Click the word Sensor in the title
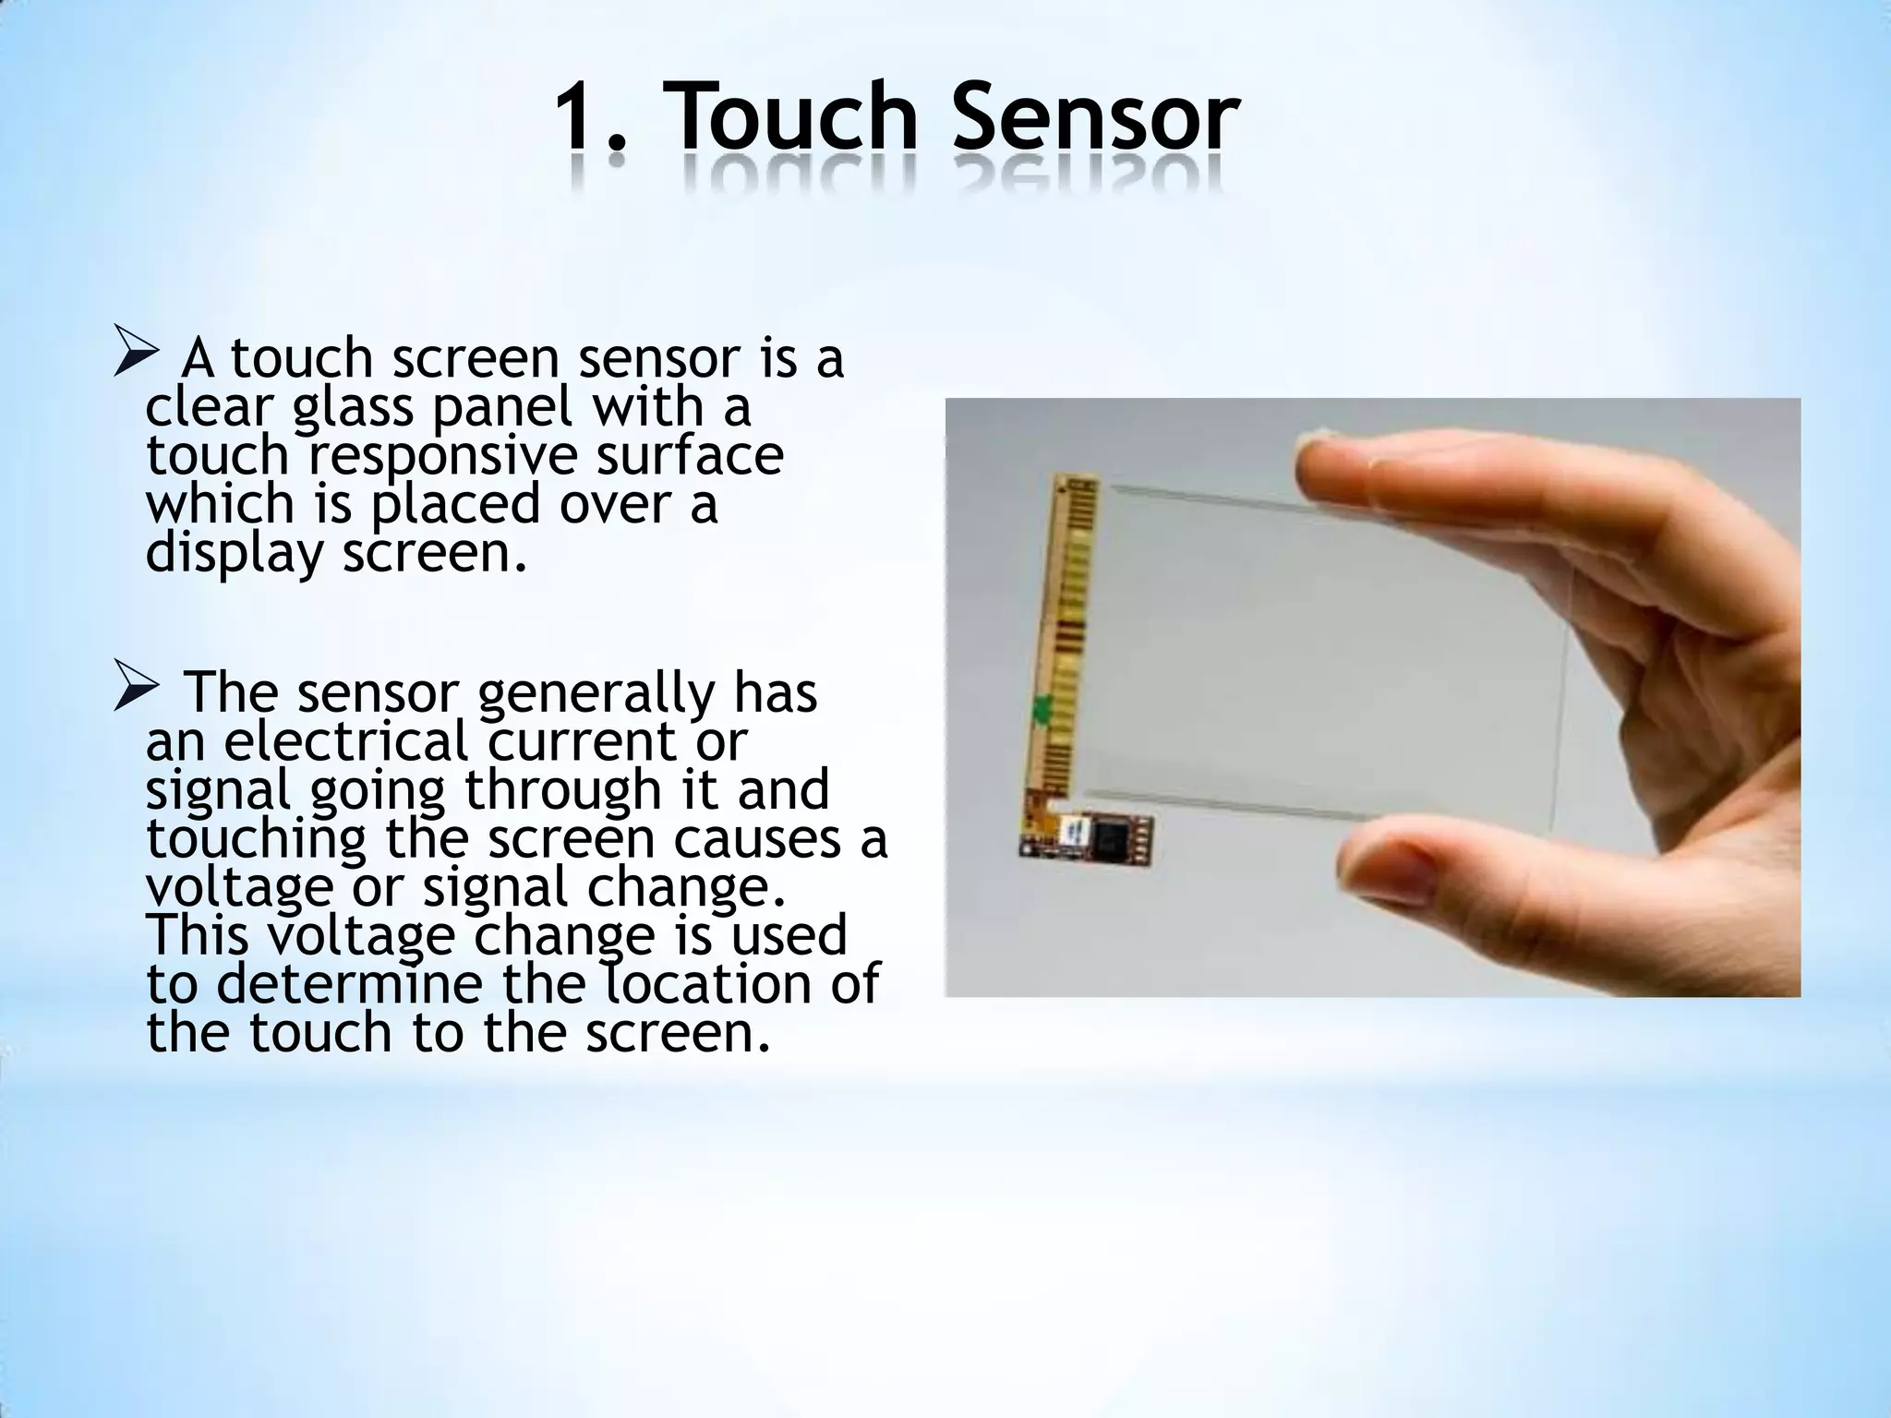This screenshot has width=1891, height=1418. tap(1095, 118)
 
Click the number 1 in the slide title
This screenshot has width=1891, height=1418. tap(579, 118)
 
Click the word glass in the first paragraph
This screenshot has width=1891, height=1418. tap(353, 409)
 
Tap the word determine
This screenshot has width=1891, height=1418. tap(350, 983)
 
